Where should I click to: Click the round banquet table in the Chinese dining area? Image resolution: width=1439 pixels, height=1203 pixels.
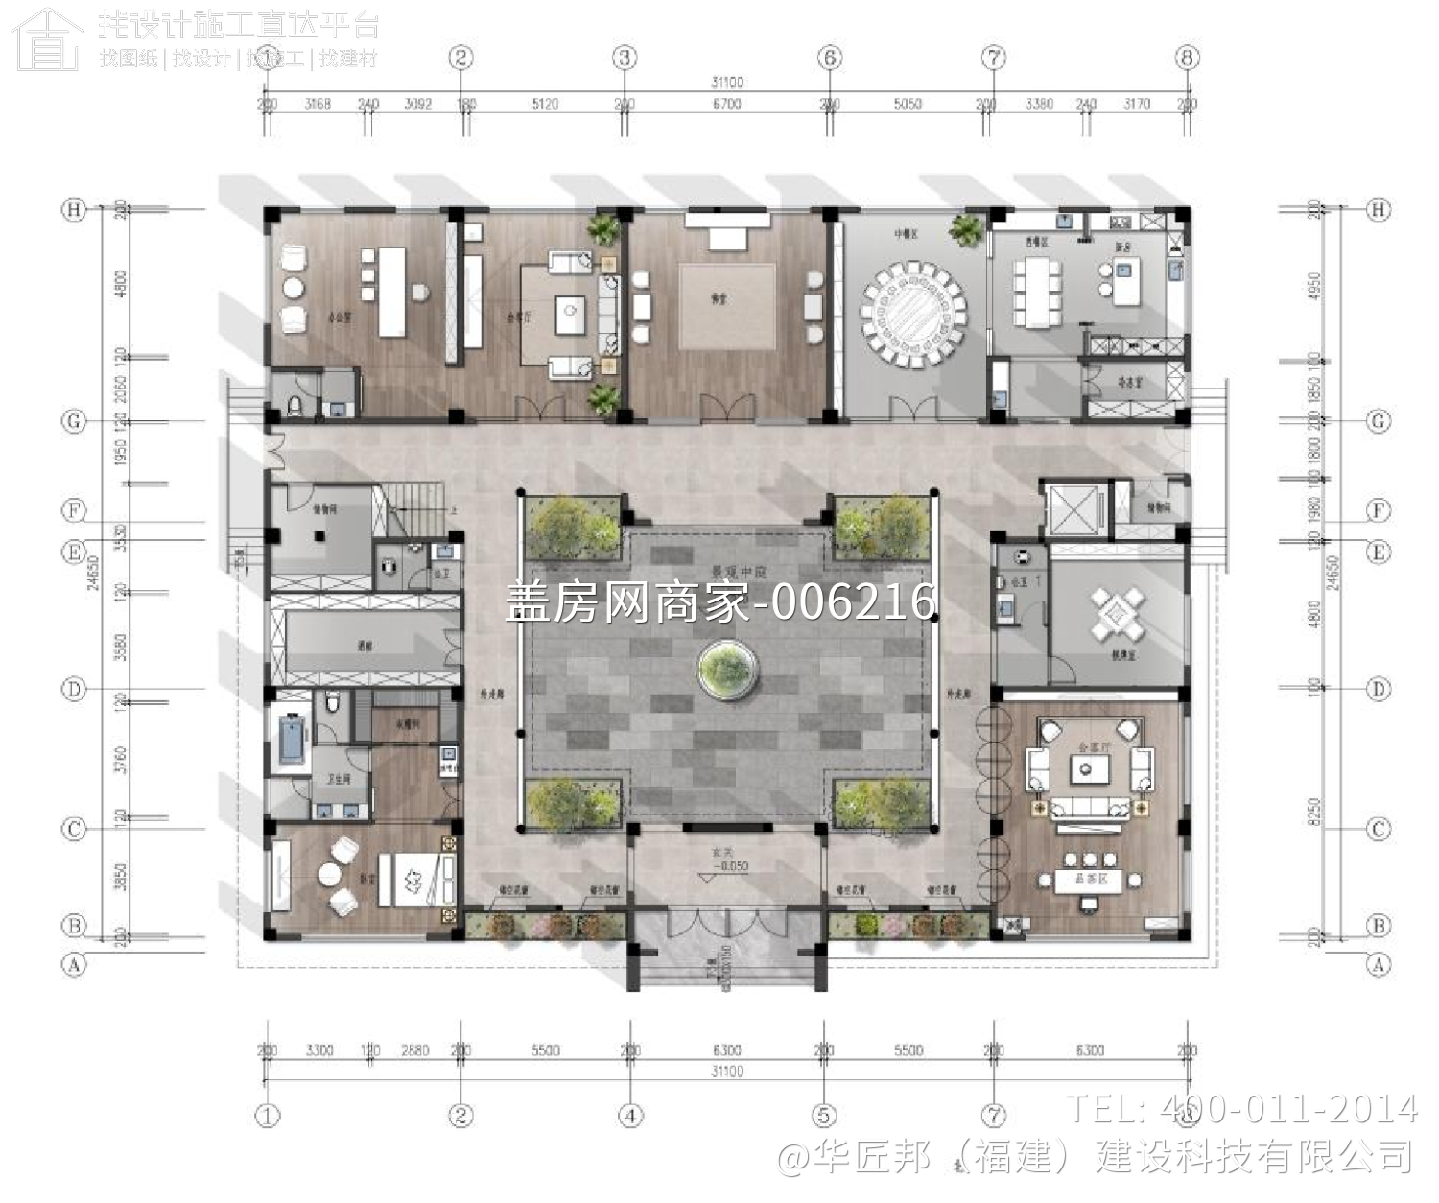[913, 314]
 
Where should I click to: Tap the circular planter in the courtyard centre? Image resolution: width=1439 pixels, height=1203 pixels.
[729, 669]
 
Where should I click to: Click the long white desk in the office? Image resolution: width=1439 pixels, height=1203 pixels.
[391, 292]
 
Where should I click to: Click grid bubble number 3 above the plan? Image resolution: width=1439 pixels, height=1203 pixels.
[625, 59]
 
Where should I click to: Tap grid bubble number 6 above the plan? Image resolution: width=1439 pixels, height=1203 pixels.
[830, 59]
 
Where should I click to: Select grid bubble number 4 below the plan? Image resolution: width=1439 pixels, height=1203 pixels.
[630, 1115]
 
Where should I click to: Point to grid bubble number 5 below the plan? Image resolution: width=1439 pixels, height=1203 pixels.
[823, 1115]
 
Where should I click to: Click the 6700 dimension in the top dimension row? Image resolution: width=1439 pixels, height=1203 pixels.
[726, 104]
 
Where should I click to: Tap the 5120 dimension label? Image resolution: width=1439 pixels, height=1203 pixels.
[545, 104]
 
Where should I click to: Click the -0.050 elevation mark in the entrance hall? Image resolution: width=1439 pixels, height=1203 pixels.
[731, 866]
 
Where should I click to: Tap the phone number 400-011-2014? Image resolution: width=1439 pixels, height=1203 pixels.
[1286, 1109]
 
